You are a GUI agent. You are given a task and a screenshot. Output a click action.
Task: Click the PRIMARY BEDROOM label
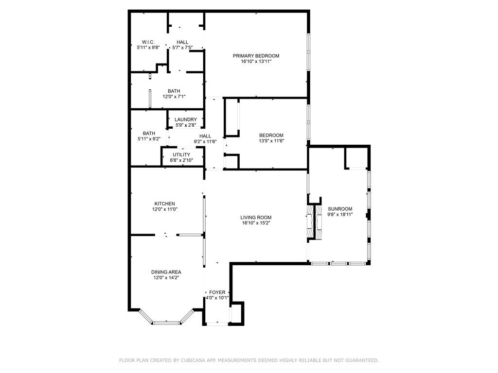pyautogui.click(x=256, y=56)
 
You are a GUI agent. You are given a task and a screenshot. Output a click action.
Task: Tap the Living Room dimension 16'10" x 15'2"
pyautogui.click(x=256, y=223)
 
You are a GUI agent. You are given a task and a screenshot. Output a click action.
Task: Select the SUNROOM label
pyautogui.click(x=340, y=209)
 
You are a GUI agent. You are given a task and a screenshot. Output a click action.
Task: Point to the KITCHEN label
pyautogui.click(x=164, y=203)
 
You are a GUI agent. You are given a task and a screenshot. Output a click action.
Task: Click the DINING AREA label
pyautogui.click(x=166, y=272)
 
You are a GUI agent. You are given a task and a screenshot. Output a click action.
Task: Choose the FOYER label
pyautogui.click(x=217, y=292)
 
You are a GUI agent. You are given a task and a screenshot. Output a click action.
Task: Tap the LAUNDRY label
pyautogui.click(x=186, y=119)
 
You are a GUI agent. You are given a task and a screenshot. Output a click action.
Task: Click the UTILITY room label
pyautogui.click(x=181, y=155)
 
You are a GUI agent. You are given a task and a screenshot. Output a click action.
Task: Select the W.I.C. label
pyautogui.click(x=148, y=42)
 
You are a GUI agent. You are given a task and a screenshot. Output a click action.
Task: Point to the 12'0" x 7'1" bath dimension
pyautogui.click(x=174, y=97)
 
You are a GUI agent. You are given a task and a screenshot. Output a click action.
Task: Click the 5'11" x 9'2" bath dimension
pyautogui.click(x=149, y=138)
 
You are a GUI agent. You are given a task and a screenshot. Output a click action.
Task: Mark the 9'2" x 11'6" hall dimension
pyautogui.click(x=205, y=141)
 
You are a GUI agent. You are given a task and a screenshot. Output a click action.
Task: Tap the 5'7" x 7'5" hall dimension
pyautogui.click(x=182, y=48)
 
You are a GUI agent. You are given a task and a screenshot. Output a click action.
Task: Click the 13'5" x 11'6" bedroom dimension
pyautogui.click(x=271, y=141)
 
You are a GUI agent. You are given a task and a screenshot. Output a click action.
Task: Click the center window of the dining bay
pyautogui.click(x=167, y=323)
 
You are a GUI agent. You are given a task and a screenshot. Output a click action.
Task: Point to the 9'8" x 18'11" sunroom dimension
pyautogui.click(x=340, y=214)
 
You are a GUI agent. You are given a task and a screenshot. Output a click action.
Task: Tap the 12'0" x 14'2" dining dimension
pyautogui.click(x=166, y=277)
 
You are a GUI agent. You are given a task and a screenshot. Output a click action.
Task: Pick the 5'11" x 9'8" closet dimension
pyautogui.click(x=148, y=48)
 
